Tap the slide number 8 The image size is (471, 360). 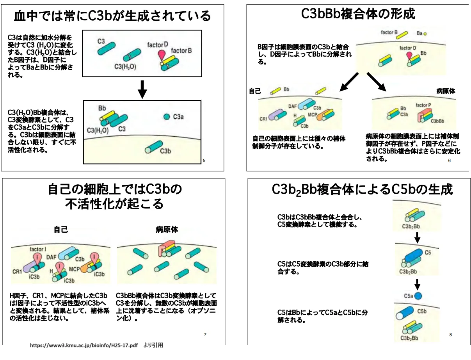click(x=451, y=335)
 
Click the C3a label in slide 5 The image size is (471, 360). click(x=178, y=117)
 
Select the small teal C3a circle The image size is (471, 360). click(x=167, y=117)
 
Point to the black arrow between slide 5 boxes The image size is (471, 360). click(x=142, y=89)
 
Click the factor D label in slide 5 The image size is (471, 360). click(x=157, y=45)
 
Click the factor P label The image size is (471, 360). click(x=423, y=105)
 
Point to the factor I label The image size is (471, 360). click(x=38, y=249)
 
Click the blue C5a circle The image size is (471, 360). click(x=418, y=296)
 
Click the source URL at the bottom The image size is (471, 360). click(x=84, y=345)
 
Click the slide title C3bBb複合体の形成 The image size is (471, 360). click(x=358, y=14)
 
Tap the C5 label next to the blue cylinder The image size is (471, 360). click(x=428, y=253)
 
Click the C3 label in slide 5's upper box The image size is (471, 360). click(x=101, y=41)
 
